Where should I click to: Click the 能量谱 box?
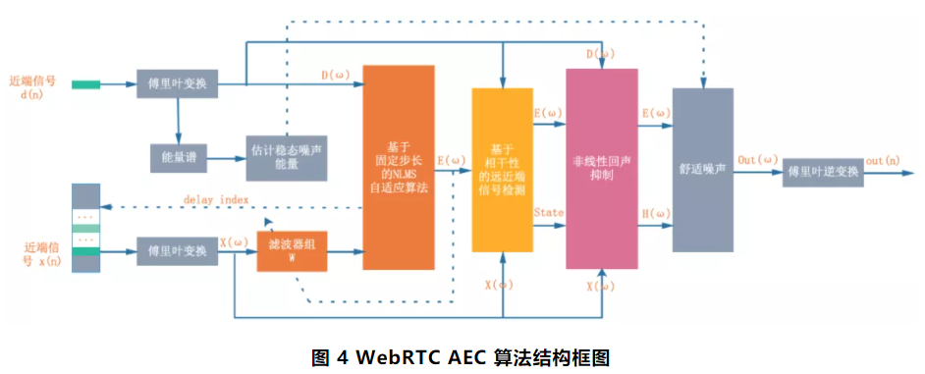[x=178, y=156]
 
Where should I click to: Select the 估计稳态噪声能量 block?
[x=287, y=157]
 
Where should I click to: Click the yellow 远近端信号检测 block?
[x=502, y=170]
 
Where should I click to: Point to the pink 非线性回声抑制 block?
[x=602, y=169]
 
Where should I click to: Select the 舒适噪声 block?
[x=702, y=169]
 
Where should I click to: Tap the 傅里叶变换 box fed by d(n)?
[x=177, y=84]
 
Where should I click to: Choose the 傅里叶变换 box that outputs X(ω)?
[x=177, y=252]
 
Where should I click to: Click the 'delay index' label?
[x=215, y=200]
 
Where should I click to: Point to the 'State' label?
[x=547, y=212]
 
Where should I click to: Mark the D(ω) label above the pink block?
[x=600, y=53]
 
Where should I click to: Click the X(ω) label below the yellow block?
[x=500, y=286]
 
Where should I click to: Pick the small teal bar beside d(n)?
[x=85, y=84]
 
